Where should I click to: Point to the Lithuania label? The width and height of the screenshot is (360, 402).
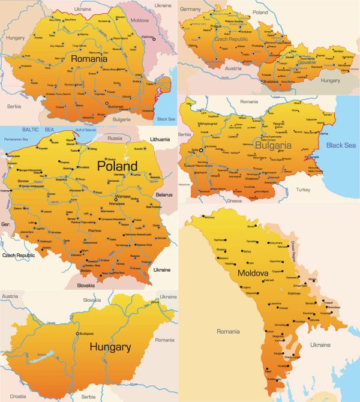(159, 139)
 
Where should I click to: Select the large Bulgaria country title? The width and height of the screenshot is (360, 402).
(277, 145)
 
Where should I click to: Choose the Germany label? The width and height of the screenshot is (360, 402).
(191, 10)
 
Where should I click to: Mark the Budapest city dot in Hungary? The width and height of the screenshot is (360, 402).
(76, 334)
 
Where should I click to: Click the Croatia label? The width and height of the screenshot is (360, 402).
(18, 396)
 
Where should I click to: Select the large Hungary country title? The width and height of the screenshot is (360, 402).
(110, 347)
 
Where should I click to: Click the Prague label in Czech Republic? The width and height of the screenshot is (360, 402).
(217, 27)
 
